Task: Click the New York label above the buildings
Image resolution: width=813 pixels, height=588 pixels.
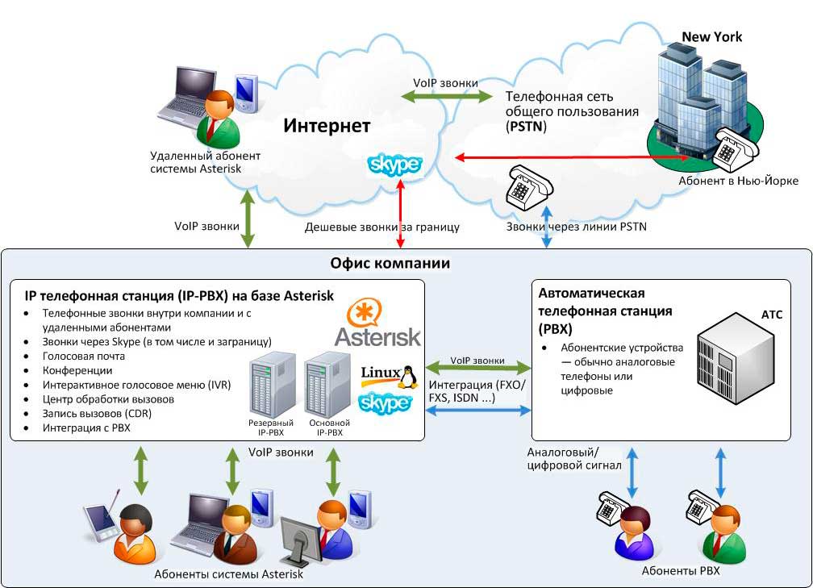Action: coord(711,37)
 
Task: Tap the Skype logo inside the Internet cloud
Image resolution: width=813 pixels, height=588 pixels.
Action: coord(394,165)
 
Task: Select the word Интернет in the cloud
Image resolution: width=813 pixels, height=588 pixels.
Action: coord(327,126)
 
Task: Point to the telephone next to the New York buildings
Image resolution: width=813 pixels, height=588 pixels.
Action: coord(735,147)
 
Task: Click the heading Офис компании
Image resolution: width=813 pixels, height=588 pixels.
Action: coord(390,264)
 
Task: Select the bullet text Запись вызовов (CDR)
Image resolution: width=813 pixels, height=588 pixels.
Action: coord(97,414)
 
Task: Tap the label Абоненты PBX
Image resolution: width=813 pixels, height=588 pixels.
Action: coord(679,571)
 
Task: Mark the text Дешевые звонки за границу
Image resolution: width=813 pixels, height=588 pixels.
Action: coord(381,227)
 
